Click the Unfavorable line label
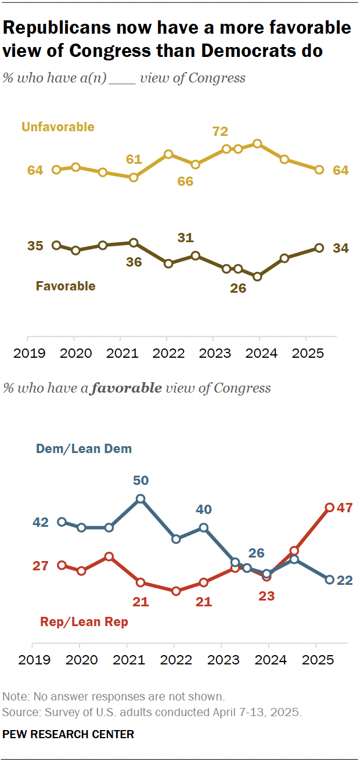57,127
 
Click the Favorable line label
66,286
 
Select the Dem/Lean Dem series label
84,448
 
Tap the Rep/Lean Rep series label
84,621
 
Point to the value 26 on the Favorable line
238,287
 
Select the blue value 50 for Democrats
141,480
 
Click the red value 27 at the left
40,566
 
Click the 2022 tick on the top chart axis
167,353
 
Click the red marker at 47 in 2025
329,507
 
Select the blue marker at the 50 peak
141,498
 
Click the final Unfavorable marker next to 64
319,170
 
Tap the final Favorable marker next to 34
319,248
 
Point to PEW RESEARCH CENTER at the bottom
68,734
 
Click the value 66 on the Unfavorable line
185,181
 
